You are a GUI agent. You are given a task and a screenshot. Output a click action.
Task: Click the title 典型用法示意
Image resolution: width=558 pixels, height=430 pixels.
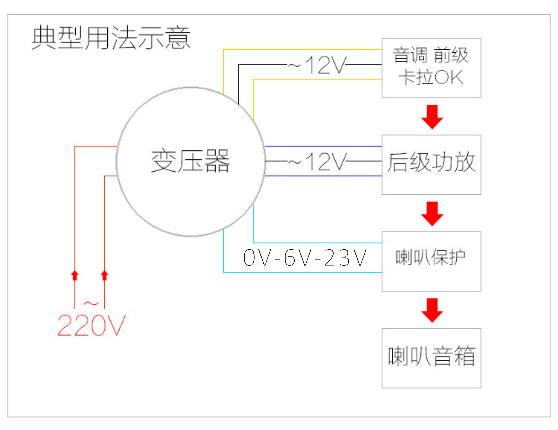click(111, 38)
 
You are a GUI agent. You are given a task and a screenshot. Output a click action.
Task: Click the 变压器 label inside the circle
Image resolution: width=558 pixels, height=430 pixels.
click(190, 161)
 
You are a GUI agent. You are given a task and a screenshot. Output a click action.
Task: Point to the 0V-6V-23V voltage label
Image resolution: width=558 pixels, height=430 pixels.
click(305, 258)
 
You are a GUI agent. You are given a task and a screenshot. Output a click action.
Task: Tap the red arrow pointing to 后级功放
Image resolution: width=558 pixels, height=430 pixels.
click(432, 117)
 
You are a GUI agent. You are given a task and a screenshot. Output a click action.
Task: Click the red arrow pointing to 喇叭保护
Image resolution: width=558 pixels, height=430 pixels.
click(432, 214)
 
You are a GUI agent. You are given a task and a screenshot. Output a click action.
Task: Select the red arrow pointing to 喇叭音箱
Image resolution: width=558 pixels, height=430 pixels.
click(432, 310)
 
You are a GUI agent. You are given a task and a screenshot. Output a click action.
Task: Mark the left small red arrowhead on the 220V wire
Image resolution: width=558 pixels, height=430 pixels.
click(75, 276)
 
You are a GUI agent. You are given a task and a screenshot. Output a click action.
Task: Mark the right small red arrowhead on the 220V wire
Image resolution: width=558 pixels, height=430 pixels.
click(105, 276)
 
